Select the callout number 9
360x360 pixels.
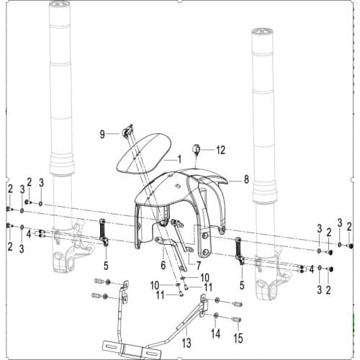tap(102, 133)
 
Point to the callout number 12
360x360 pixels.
tap(220, 150)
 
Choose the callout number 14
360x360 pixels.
tap(215, 335)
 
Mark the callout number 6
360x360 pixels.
tap(163, 265)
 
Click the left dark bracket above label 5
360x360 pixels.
tap(103, 232)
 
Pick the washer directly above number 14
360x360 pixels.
tap(214, 315)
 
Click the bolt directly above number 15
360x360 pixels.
tap(235, 319)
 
